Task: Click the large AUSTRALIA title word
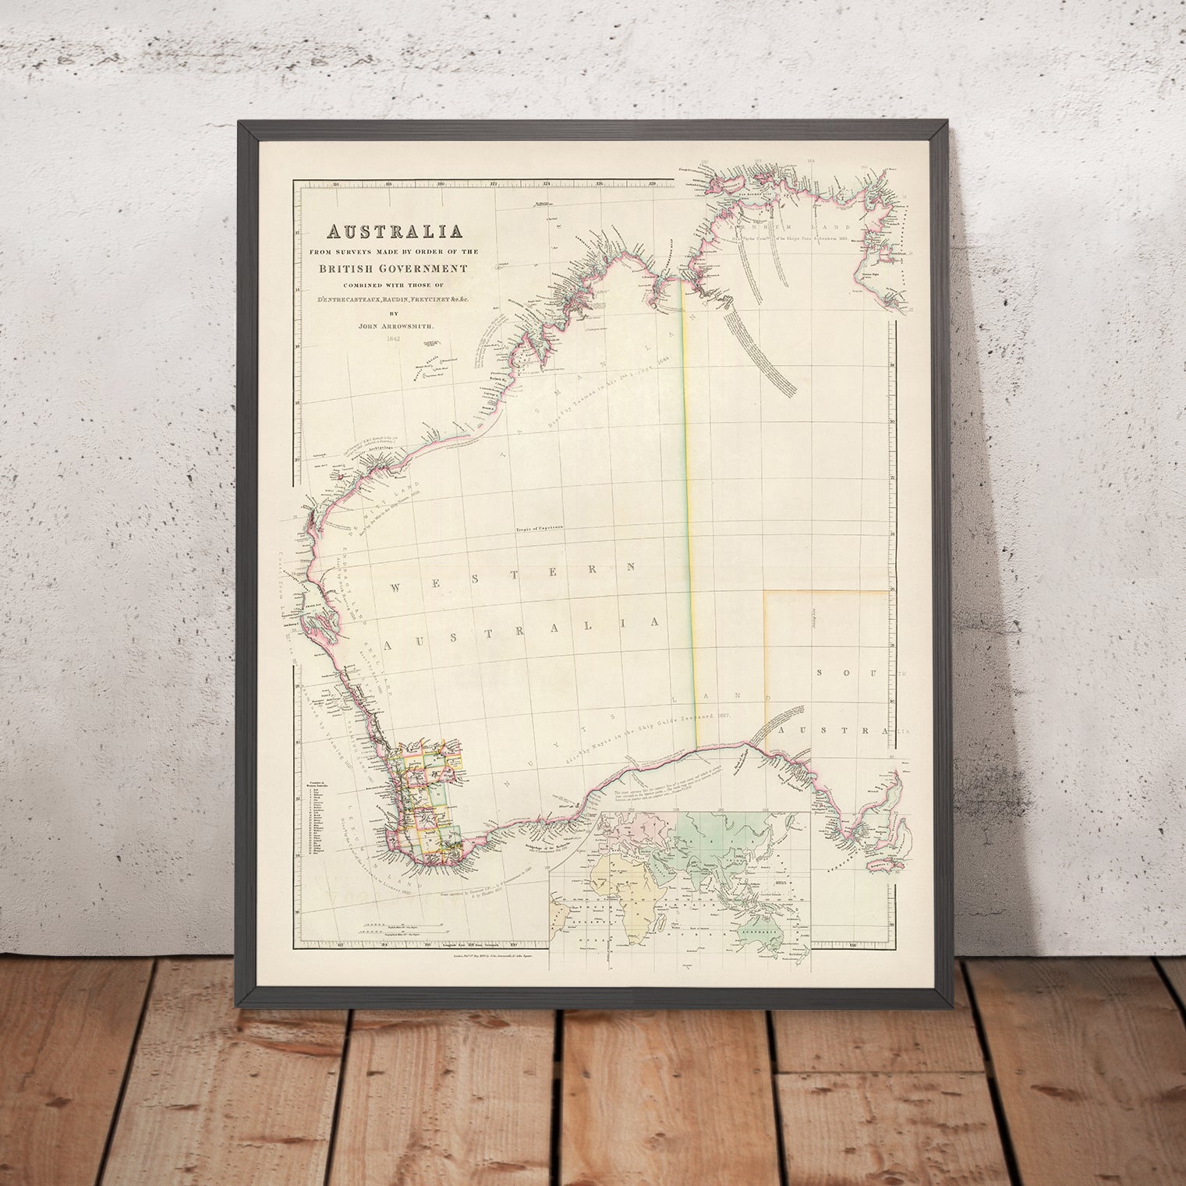[395, 232]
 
